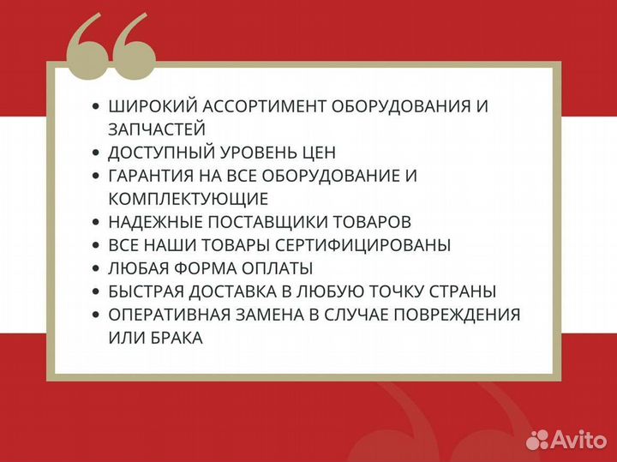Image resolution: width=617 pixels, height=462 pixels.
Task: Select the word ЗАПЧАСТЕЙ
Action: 157,129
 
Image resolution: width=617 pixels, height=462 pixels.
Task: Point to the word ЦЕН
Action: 318,153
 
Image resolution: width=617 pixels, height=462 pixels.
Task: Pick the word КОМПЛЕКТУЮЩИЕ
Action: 189,199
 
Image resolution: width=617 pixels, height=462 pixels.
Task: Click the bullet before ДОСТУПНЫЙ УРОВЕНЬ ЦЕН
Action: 96,153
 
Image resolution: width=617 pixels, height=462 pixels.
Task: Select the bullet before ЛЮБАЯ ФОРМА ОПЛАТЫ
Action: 96,268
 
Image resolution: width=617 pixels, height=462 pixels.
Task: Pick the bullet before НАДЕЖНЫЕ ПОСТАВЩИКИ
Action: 96,222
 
